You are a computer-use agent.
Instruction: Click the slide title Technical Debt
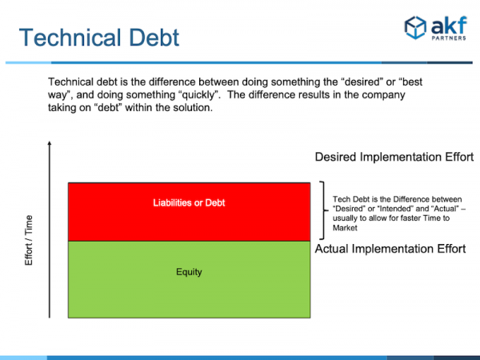tap(99, 38)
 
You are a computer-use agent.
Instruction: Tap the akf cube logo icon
tap(415, 27)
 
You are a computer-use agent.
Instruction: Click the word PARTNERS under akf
tap(449, 38)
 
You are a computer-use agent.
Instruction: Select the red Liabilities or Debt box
tap(189, 212)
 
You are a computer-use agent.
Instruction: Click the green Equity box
tap(189, 279)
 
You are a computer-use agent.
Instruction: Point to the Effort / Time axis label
tap(29, 240)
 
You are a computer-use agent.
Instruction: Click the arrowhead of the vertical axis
tap(50, 143)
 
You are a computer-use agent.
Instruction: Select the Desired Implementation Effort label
tap(394, 157)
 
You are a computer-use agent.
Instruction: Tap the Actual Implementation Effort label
tap(390, 249)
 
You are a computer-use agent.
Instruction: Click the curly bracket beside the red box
tap(323, 210)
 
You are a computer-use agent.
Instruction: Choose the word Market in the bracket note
tap(345, 228)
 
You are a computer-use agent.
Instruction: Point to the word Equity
tap(189, 272)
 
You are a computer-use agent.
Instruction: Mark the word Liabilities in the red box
tap(172, 202)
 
